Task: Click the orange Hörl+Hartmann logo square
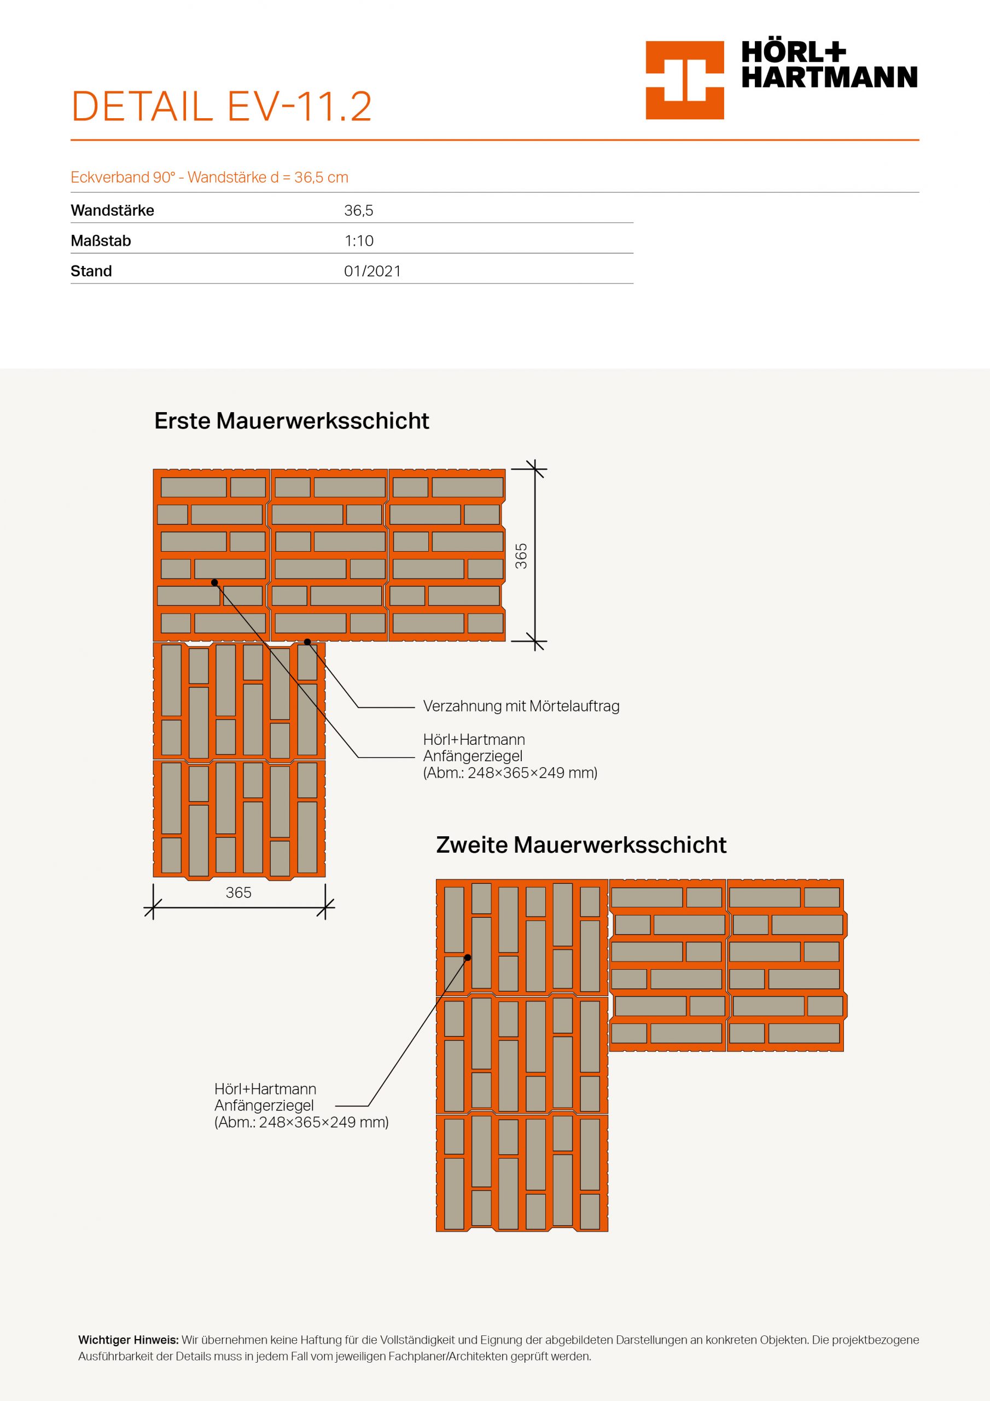pyautogui.click(x=684, y=80)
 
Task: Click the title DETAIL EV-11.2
pyautogui.click(x=222, y=107)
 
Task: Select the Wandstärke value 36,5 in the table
pyautogui.click(x=359, y=211)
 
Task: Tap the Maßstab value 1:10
pyautogui.click(x=359, y=241)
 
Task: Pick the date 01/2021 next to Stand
pyautogui.click(x=372, y=271)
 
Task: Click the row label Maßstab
pyautogui.click(x=101, y=241)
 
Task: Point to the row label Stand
pyautogui.click(x=91, y=271)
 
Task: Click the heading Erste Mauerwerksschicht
pyautogui.click(x=292, y=421)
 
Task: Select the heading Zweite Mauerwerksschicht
pyautogui.click(x=581, y=845)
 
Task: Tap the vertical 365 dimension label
pyautogui.click(x=521, y=556)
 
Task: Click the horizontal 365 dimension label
pyautogui.click(x=238, y=893)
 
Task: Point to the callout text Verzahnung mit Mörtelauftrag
pyautogui.click(x=521, y=707)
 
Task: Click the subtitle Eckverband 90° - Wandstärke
pyautogui.click(x=209, y=177)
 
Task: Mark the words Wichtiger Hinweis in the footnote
pyautogui.click(x=128, y=1340)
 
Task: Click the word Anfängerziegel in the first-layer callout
pyautogui.click(x=473, y=757)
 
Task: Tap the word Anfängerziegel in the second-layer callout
pyautogui.click(x=264, y=1105)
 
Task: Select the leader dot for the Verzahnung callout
pyautogui.click(x=307, y=641)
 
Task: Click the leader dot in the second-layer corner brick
pyautogui.click(x=468, y=957)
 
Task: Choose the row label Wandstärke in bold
pyautogui.click(x=112, y=211)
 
